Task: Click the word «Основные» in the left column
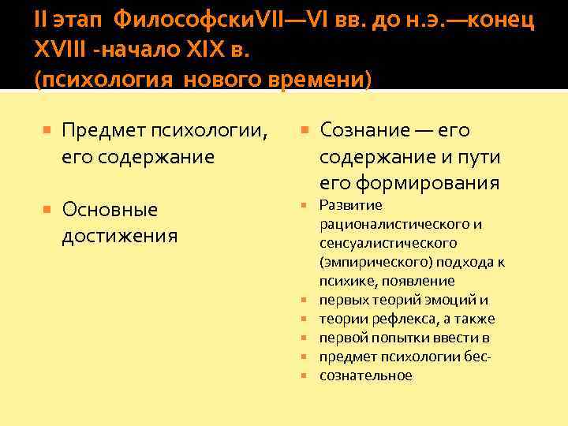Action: pos(110,210)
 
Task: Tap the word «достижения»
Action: pos(119,236)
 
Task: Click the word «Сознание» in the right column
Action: pos(365,130)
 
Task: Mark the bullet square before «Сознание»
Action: pos(306,130)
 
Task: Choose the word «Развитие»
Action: pos(351,205)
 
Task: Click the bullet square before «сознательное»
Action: pos(305,376)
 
